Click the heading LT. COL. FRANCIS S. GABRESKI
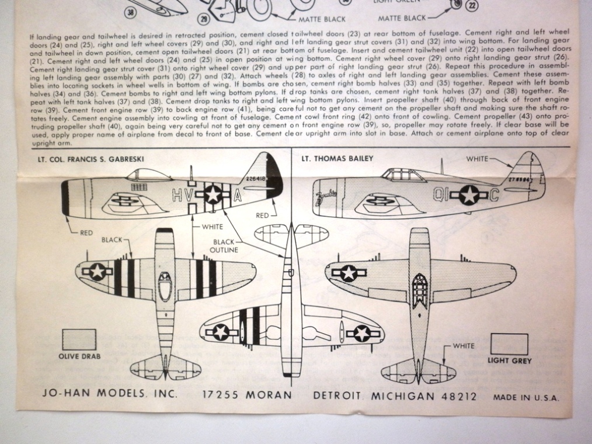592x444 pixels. (x=87, y=159)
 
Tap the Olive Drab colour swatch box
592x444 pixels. (x=79, y=339)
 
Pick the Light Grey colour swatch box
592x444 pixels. (x=509, y=344)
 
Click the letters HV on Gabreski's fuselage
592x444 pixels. (x=182, y=196)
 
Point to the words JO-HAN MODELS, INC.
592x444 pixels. (x=110, y=395)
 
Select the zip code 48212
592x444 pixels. (x=457, y=396)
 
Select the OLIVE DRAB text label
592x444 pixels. (x=79, y=356)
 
